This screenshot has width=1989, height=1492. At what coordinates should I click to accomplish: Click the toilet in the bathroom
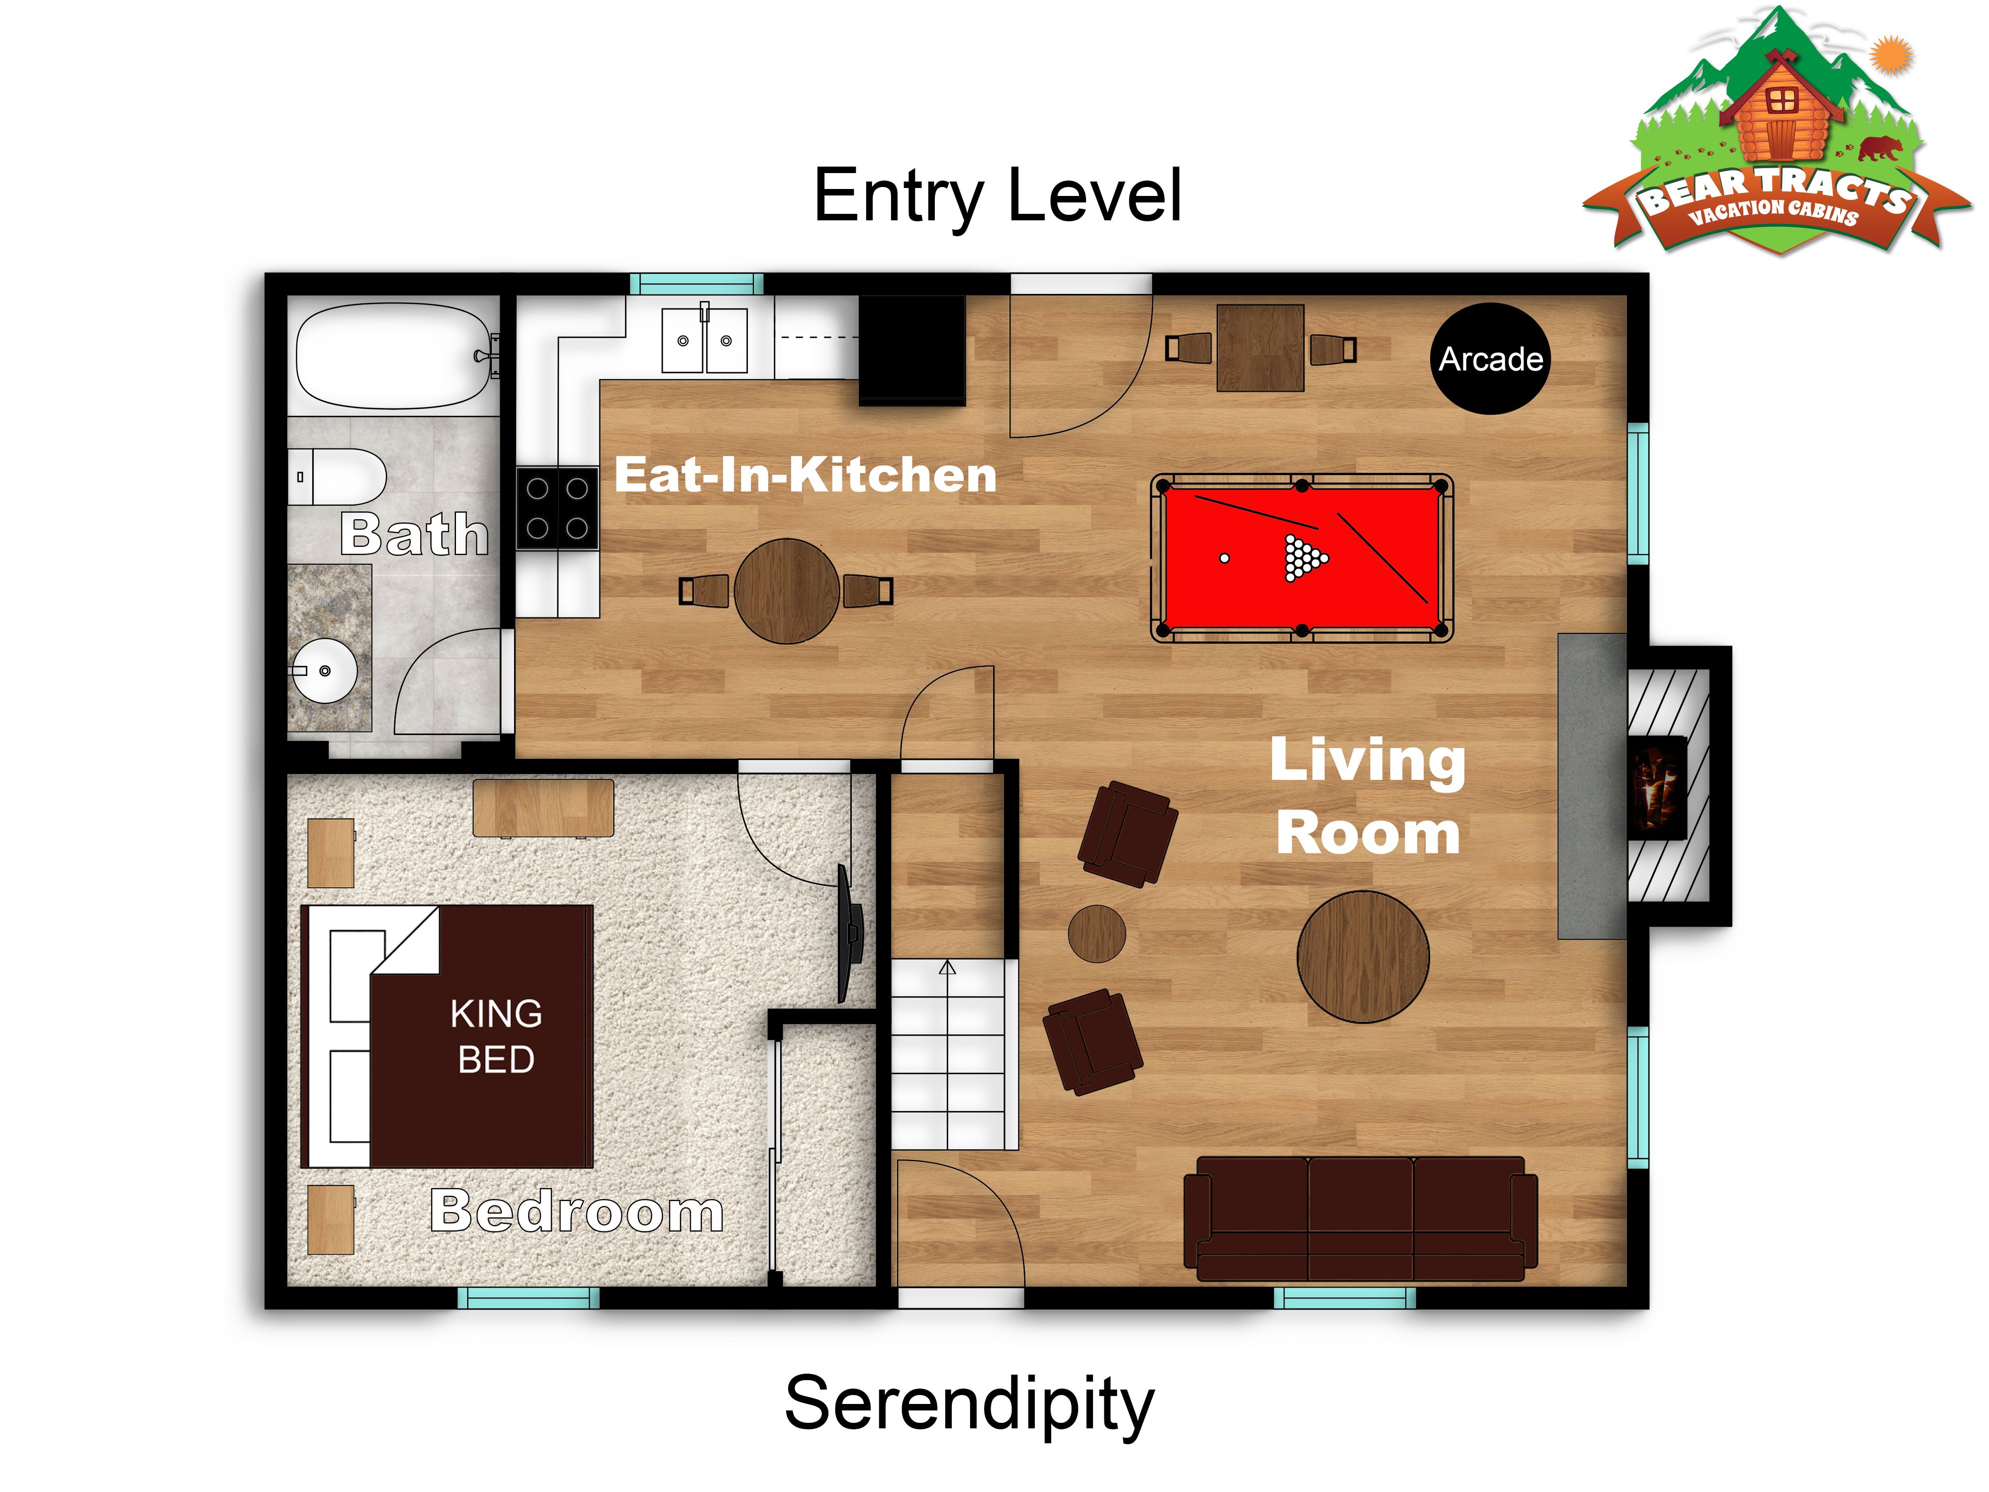pos(337,476)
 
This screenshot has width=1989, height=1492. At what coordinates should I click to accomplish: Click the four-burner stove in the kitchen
pos(557,508)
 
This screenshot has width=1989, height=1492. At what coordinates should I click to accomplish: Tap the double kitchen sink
pos(704,340)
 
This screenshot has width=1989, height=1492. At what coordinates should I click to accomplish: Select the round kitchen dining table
pos(787,591)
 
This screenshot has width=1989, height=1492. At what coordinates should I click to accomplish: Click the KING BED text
pos(496,1036)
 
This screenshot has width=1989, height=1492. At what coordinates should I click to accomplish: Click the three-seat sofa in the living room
pos(1360,1218)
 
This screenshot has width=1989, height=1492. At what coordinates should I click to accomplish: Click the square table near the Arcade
pos(1260,348)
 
